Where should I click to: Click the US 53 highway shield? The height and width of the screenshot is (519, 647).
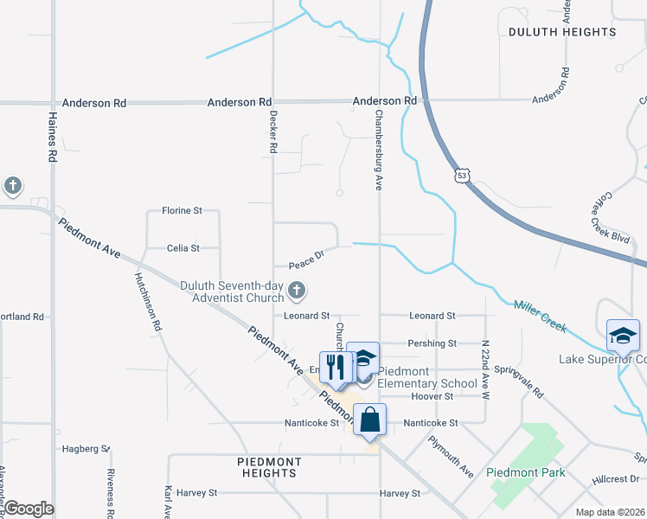[461, 176]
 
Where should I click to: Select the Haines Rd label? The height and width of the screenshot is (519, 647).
[53, 138]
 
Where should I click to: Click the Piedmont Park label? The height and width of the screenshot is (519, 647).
[525, 472]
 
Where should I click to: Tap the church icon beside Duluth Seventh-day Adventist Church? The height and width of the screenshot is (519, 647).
[297, 291]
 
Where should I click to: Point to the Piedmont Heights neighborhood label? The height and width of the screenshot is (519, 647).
[269, 467]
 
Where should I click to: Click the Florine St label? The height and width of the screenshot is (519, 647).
[182, 210]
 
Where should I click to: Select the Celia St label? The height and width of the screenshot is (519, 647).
[183, 248]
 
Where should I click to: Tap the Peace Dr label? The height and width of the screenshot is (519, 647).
[305, 257]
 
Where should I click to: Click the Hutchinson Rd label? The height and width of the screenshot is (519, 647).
[147, 303]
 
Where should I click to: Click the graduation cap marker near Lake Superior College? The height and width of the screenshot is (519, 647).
[623, 335]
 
